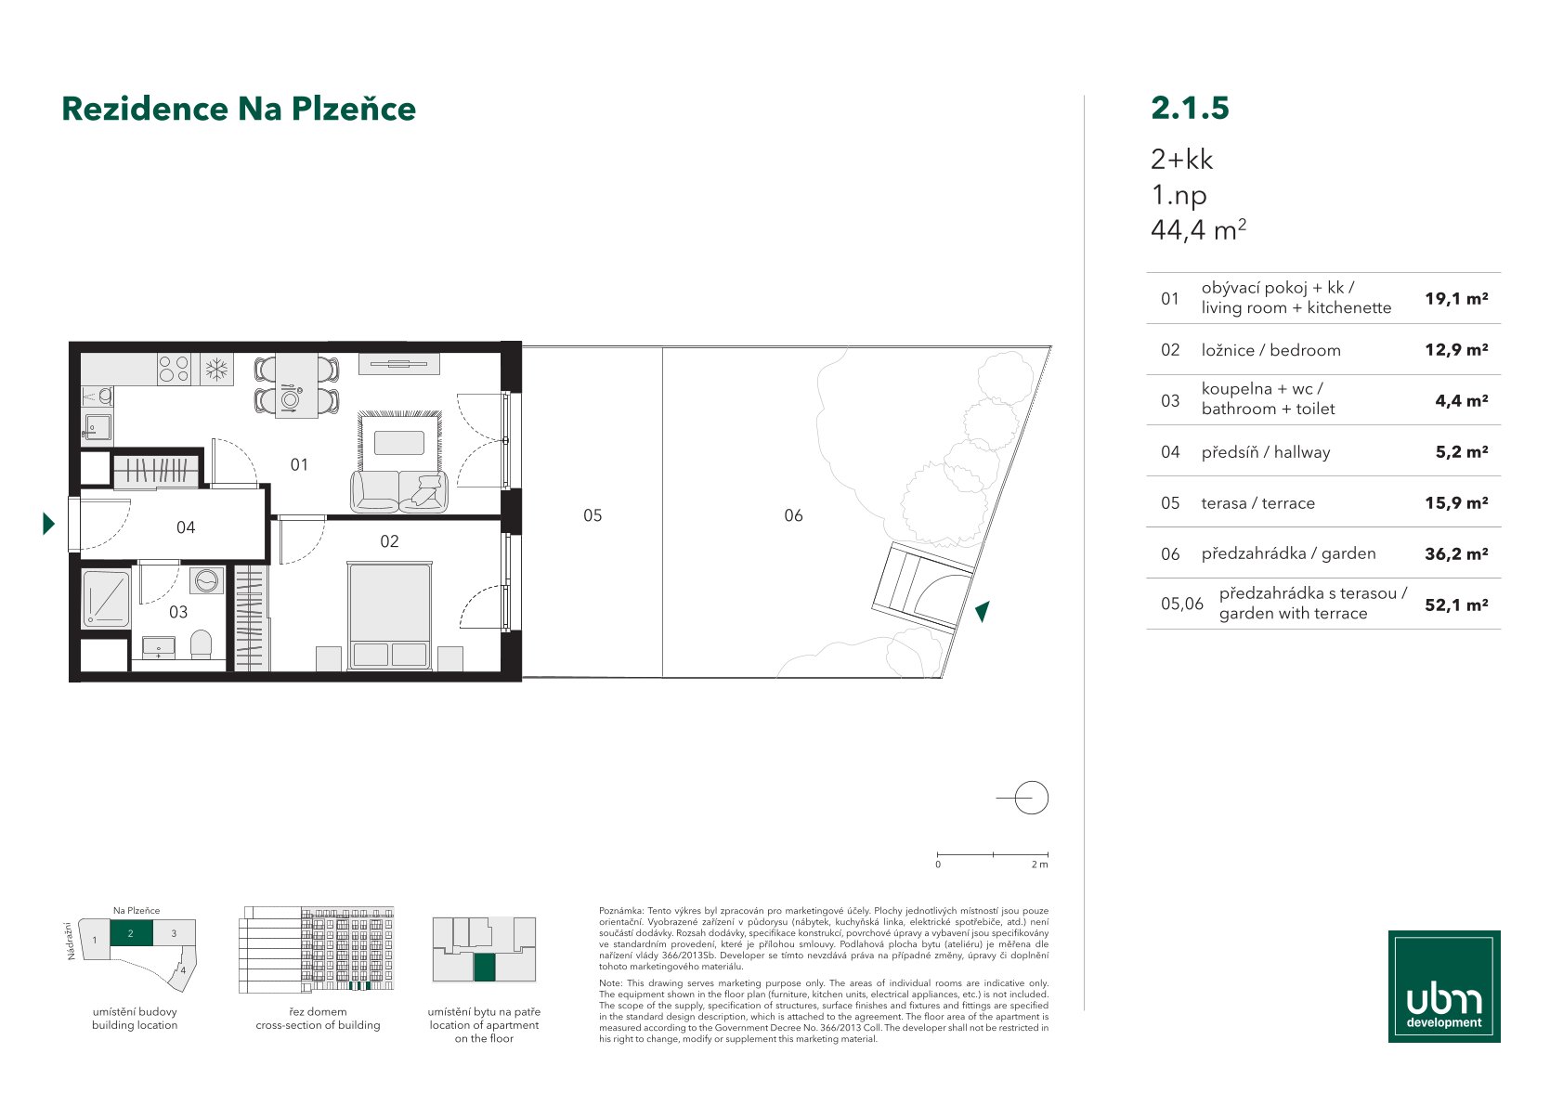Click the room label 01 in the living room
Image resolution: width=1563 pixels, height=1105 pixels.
299,464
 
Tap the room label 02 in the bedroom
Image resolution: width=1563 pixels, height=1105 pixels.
389,541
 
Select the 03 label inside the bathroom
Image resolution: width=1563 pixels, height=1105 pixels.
178,612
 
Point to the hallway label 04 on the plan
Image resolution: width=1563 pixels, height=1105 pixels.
186,527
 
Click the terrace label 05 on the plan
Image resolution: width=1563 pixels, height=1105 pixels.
593,515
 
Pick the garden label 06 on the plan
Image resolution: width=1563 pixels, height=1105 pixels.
793,515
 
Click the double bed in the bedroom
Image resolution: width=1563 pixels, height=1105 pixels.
389,616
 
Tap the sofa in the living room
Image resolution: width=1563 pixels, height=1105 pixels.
398,491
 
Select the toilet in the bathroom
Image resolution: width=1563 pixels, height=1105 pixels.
201,645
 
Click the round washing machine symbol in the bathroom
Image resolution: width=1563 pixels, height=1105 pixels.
206,580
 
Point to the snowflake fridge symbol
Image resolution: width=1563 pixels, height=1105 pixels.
216,369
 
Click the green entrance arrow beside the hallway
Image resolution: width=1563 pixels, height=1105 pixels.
48,523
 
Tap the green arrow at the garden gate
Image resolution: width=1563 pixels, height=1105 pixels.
983,611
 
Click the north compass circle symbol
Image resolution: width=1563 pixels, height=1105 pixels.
1031,798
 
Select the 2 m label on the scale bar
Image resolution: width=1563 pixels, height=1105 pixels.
1039,864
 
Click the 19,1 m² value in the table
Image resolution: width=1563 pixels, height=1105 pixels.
1456,299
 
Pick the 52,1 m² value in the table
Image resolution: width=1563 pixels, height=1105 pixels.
1456,604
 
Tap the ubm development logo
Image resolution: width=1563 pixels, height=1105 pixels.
1444,986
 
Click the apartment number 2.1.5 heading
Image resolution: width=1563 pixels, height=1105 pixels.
1190,108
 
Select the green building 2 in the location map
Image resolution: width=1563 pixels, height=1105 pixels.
131,933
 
